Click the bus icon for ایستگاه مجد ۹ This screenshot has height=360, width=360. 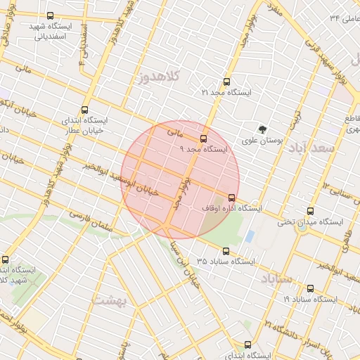[x=204, y=139]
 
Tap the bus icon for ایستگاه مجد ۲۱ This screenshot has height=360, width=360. [x=226, y=82]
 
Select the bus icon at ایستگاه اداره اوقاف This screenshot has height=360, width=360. [x=232, y=198]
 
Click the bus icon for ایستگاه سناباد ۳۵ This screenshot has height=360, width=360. [x=226, y=250]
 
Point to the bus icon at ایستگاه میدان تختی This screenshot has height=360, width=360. [x=311, y=211]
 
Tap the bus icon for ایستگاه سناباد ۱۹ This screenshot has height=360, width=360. [x=311, y=288]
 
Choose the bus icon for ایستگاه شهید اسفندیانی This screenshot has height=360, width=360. [x=50, y=15]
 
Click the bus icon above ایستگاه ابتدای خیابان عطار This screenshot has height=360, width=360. [x=85, y=110]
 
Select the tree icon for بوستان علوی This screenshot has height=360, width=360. [x=262, y=129]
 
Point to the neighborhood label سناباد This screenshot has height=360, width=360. [x=276, y=279]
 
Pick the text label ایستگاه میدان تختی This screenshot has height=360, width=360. [x=309, y=222]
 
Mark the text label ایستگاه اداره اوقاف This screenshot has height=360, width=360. [x=231, y=209]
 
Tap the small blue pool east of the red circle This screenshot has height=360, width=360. [x=250, y=236]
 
